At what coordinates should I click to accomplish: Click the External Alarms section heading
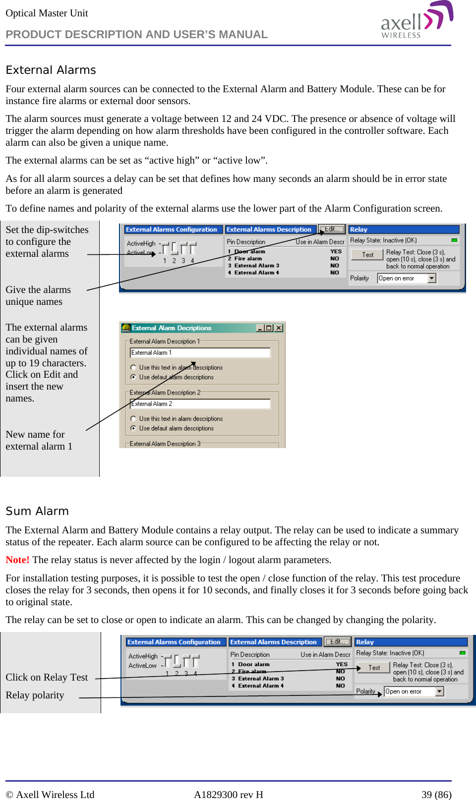pyautogui.click(x=51, y=70)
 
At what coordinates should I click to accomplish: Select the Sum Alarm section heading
pyautogui.click(x=37, y=511)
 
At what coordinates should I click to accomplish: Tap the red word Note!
pyautogui.click(x=17, y=560)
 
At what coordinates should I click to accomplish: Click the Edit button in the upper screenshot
pyautogui.click(x=331, y=229)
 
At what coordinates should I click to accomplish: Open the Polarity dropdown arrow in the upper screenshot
pyautogui.click(x=432, y=278)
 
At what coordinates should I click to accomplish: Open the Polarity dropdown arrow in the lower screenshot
pyautogui.click(x=439, y=691)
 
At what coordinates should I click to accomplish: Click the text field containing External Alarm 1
pyautogui.click(x=200, y=352)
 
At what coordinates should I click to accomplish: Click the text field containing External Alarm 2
pyautogui.click(x=200, y=404)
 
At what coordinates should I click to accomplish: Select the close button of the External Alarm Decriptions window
pyautogui.click(x=279, y=328)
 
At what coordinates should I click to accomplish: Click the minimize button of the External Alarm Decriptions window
pyautogui.click(x=260, y=328)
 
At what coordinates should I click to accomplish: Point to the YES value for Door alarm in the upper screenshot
pyautogui.click(x=336, y=251)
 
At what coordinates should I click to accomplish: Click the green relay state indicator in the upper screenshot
pyautogui.click(x=454, y=240)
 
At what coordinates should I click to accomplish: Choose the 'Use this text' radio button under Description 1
pyautogui.click(x=133, y=367)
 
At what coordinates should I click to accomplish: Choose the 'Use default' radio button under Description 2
pyautogui.click(x=133, y=428)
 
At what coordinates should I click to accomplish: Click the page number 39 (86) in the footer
pyautogui.click(x=436, y=795)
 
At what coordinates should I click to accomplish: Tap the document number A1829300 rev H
pyautogui.click(x=228, y=795)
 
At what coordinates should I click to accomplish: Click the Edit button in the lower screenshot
pyautogui.click(x=337, y=641)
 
